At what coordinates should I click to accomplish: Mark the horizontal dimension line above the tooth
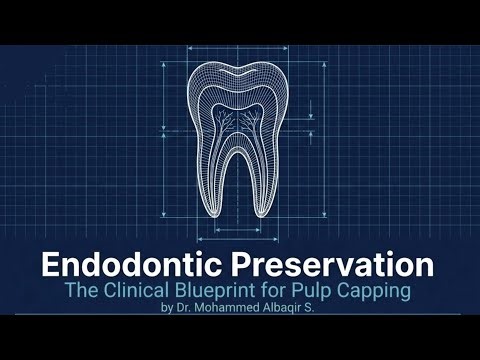(241, 47)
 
